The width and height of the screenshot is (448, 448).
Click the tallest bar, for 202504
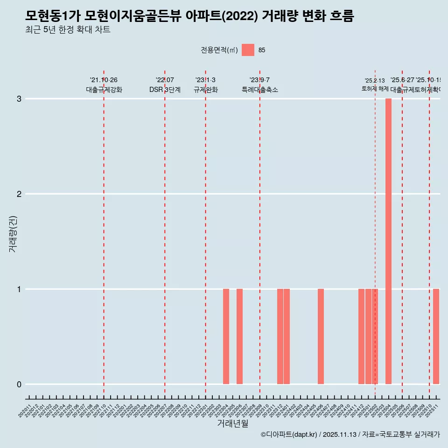click(x=388, y=241)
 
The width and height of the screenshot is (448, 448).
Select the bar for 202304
click(x=226, y=336)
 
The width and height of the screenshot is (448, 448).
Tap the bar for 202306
click(x=239, y=336)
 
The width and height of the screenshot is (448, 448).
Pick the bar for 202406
click(x=321, y=336)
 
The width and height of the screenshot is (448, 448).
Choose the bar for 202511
click(x=436, y=336)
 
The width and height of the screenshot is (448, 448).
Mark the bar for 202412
click(x=361, y=336)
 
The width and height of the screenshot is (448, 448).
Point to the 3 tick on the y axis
click(x=19, y=99)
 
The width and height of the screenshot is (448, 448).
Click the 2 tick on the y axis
click(x=19, y=194)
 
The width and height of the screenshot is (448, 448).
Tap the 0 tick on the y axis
click(x=19, y=385)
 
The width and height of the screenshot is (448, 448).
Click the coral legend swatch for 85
click(x=248, y=50)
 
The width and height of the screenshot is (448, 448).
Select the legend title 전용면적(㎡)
click(x=219, y=50)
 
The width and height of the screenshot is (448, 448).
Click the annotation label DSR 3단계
click(x=165, y=90)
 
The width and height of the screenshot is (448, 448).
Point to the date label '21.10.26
click(x=104, y=80)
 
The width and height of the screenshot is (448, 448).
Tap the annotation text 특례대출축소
click(x=259, y=90)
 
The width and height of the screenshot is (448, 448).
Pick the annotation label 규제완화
click(x=205, y=90)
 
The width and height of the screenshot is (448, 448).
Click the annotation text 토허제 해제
click(x=375, y=89)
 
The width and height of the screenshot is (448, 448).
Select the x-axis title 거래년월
click(x=232, y=423)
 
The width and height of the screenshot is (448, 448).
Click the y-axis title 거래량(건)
click(x=13, y=233)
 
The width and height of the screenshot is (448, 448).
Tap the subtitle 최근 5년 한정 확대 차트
click(x=68, y=30)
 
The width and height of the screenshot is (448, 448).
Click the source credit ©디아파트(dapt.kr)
click(x=289, y=434)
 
